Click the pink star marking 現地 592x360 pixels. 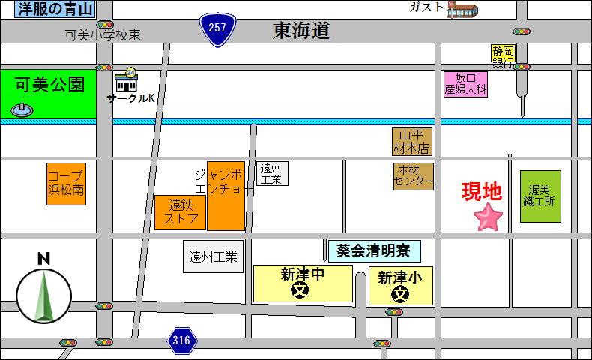(x=489, y=217)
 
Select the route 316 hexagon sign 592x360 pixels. (x=181, y=340)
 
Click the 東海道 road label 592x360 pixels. (x=301, y=31)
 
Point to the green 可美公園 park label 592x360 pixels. (x=49, y=85)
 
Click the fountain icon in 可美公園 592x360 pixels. (x=22, y=109)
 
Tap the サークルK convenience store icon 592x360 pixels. (x=126, y=82)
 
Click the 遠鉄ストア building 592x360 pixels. (x=181, y=212)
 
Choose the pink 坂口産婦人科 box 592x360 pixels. (x=465, y=83)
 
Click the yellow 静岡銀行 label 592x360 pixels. (x=503, y=55)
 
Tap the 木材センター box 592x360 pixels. (x=414, y=176)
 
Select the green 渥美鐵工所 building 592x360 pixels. (x=540, y=196)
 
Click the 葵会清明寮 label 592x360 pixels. (x=374, y=251)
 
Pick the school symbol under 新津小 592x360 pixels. (x=399, y=293)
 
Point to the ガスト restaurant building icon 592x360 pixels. (x=462, y=10)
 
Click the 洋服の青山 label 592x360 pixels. (x=54, y=10)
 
